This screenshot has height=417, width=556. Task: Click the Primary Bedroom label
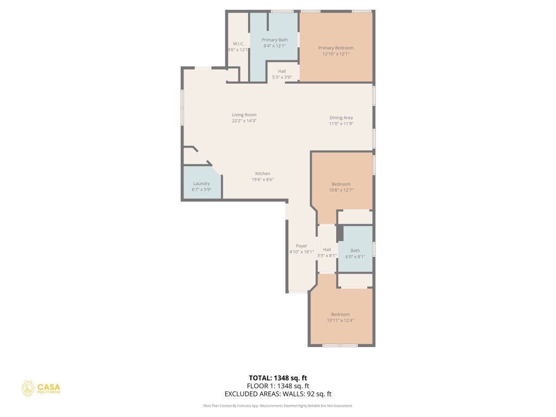click(x=336, y=48)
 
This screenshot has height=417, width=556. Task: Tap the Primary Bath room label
click(x=274, y=40)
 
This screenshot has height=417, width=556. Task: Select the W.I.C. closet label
click(x=239, y=43)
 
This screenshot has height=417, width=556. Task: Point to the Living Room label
click(x=244, y=115)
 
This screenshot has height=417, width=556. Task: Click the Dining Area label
click(x=341, y=118)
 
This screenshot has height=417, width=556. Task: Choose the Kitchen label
click(x=262, y=174)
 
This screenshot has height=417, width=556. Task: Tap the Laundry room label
click(x=201, y=184)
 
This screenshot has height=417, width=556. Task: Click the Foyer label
click(x=301, y=246)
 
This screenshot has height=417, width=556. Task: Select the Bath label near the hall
click(x=355, y=250)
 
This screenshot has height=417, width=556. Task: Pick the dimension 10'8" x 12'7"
click(x=341, y=190)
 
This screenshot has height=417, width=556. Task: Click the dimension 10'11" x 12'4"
click(x=340, y=320)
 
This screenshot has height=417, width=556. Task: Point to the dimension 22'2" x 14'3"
click(x=244, y=121)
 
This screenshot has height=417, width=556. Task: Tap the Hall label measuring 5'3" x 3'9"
click(x=282, y=71)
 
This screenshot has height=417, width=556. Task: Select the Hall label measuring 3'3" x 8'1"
click(x=327, y=250)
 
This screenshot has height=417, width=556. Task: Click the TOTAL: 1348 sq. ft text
click(x=277, y=377)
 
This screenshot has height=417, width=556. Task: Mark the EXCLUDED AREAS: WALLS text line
click(x=277, y=394)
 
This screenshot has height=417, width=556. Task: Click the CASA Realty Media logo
click(x=41, y=388)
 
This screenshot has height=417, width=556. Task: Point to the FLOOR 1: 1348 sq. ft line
click(x=277, y=386)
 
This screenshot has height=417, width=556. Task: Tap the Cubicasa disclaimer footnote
click(x=277, y=406)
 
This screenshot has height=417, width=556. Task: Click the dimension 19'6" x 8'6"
click(x=262, y=180)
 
